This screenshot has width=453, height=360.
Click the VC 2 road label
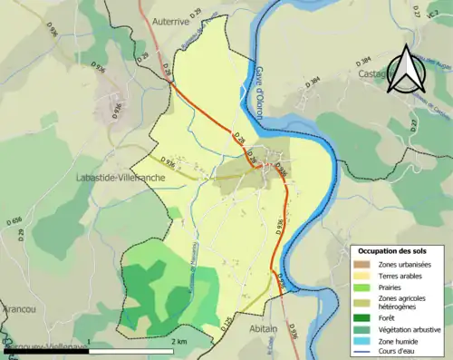coord(432,11)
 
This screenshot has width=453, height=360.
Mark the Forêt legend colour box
coord(364,317)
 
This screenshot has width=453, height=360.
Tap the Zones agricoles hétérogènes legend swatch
coord(364,301)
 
